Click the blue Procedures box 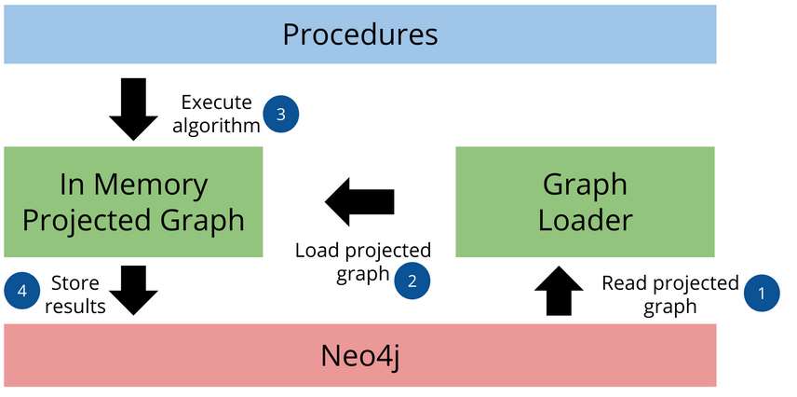pos(359,35)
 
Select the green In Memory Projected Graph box pos(133,201)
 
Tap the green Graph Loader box pos(585,201)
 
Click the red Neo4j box pos(359,355)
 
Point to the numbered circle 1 pos(762,293)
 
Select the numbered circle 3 pos(281,114)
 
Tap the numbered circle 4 pos(22,292)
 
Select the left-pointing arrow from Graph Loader pos(359,201)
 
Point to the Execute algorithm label pos(220,113)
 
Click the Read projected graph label pos(669,294)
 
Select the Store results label pos(77,293)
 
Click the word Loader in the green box pos(586,220)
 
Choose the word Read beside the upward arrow pos(622,283)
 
